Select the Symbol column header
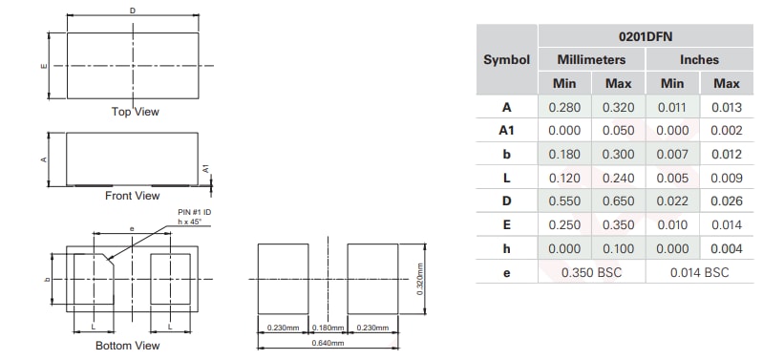pos(506,59)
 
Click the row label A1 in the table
pos(506,131)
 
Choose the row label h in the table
pos(506,248)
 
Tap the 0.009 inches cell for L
pos(727,178)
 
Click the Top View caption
pos(135,113)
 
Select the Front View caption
pos(132,196)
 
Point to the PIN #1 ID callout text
pos(193,212)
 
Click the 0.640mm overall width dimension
pos(328,344)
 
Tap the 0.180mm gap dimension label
pos(328,328)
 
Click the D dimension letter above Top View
pos(132,11)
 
